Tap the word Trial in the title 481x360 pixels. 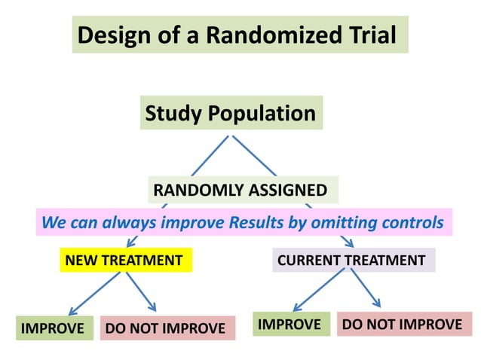(369, 35)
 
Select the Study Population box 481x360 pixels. (230, 113)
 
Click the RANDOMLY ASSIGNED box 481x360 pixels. (240, 190)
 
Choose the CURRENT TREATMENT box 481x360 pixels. (351, 261)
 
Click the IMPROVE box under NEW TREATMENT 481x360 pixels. (52, 328)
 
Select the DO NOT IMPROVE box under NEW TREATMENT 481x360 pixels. (165, 328)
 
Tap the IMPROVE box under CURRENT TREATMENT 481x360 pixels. (290, 325)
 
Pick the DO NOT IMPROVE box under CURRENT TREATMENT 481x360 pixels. (403, 325)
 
